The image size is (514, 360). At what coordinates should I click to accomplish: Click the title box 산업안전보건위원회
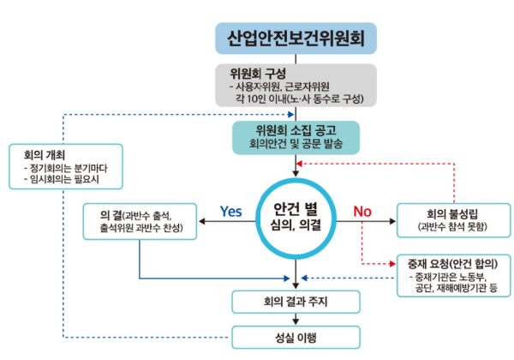[x=296, y=39]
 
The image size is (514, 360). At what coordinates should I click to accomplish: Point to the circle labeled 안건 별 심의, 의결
[x=296, y=215]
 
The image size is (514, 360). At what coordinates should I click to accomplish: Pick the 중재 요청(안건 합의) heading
[x=448, y=262]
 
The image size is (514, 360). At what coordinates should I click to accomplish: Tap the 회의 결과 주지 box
[x=296, y=302]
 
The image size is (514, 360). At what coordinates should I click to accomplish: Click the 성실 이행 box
[x=296, y=337]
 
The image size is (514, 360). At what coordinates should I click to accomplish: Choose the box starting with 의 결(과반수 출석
[x=142, y=220]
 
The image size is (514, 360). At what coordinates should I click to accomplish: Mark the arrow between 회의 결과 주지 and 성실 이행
[x=296, y=319]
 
